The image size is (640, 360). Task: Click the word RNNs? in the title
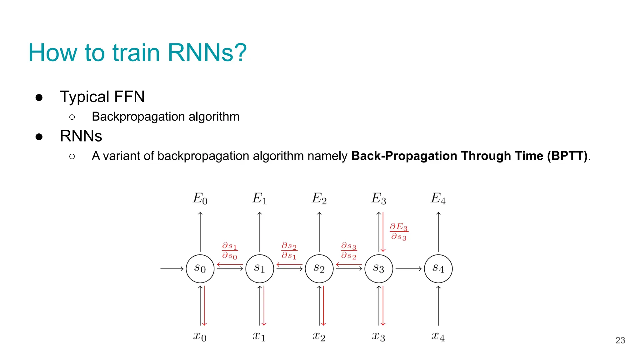tap(207, 52)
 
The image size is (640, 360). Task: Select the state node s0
tap(200, 268)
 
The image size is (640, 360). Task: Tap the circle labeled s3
tap(379, 268)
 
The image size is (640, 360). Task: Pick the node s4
tap(438, 268)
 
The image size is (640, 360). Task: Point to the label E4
tap(438, 198)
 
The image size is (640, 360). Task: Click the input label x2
tap(319, 336)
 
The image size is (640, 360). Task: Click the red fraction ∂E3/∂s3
tap(399, 231)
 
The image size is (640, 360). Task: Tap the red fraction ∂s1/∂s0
tap(230, 250)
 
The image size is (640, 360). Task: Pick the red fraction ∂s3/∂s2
tap(349, 250)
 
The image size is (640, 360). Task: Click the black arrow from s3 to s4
tap(408, 268)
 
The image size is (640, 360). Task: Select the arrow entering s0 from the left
tap(172, 268)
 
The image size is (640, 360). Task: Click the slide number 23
tap(620, 340)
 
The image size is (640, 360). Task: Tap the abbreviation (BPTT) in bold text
tap(567, 156)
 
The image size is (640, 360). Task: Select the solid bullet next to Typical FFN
tap(39, 97)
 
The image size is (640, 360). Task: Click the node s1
tap(259, 268)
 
